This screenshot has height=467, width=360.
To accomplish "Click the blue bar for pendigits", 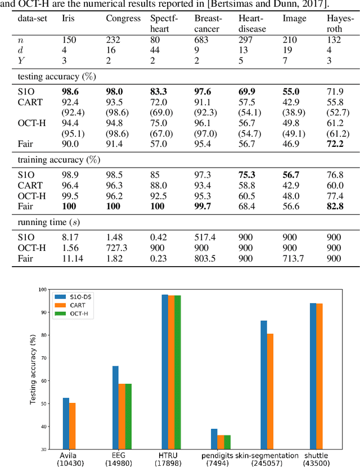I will [214, 439].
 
